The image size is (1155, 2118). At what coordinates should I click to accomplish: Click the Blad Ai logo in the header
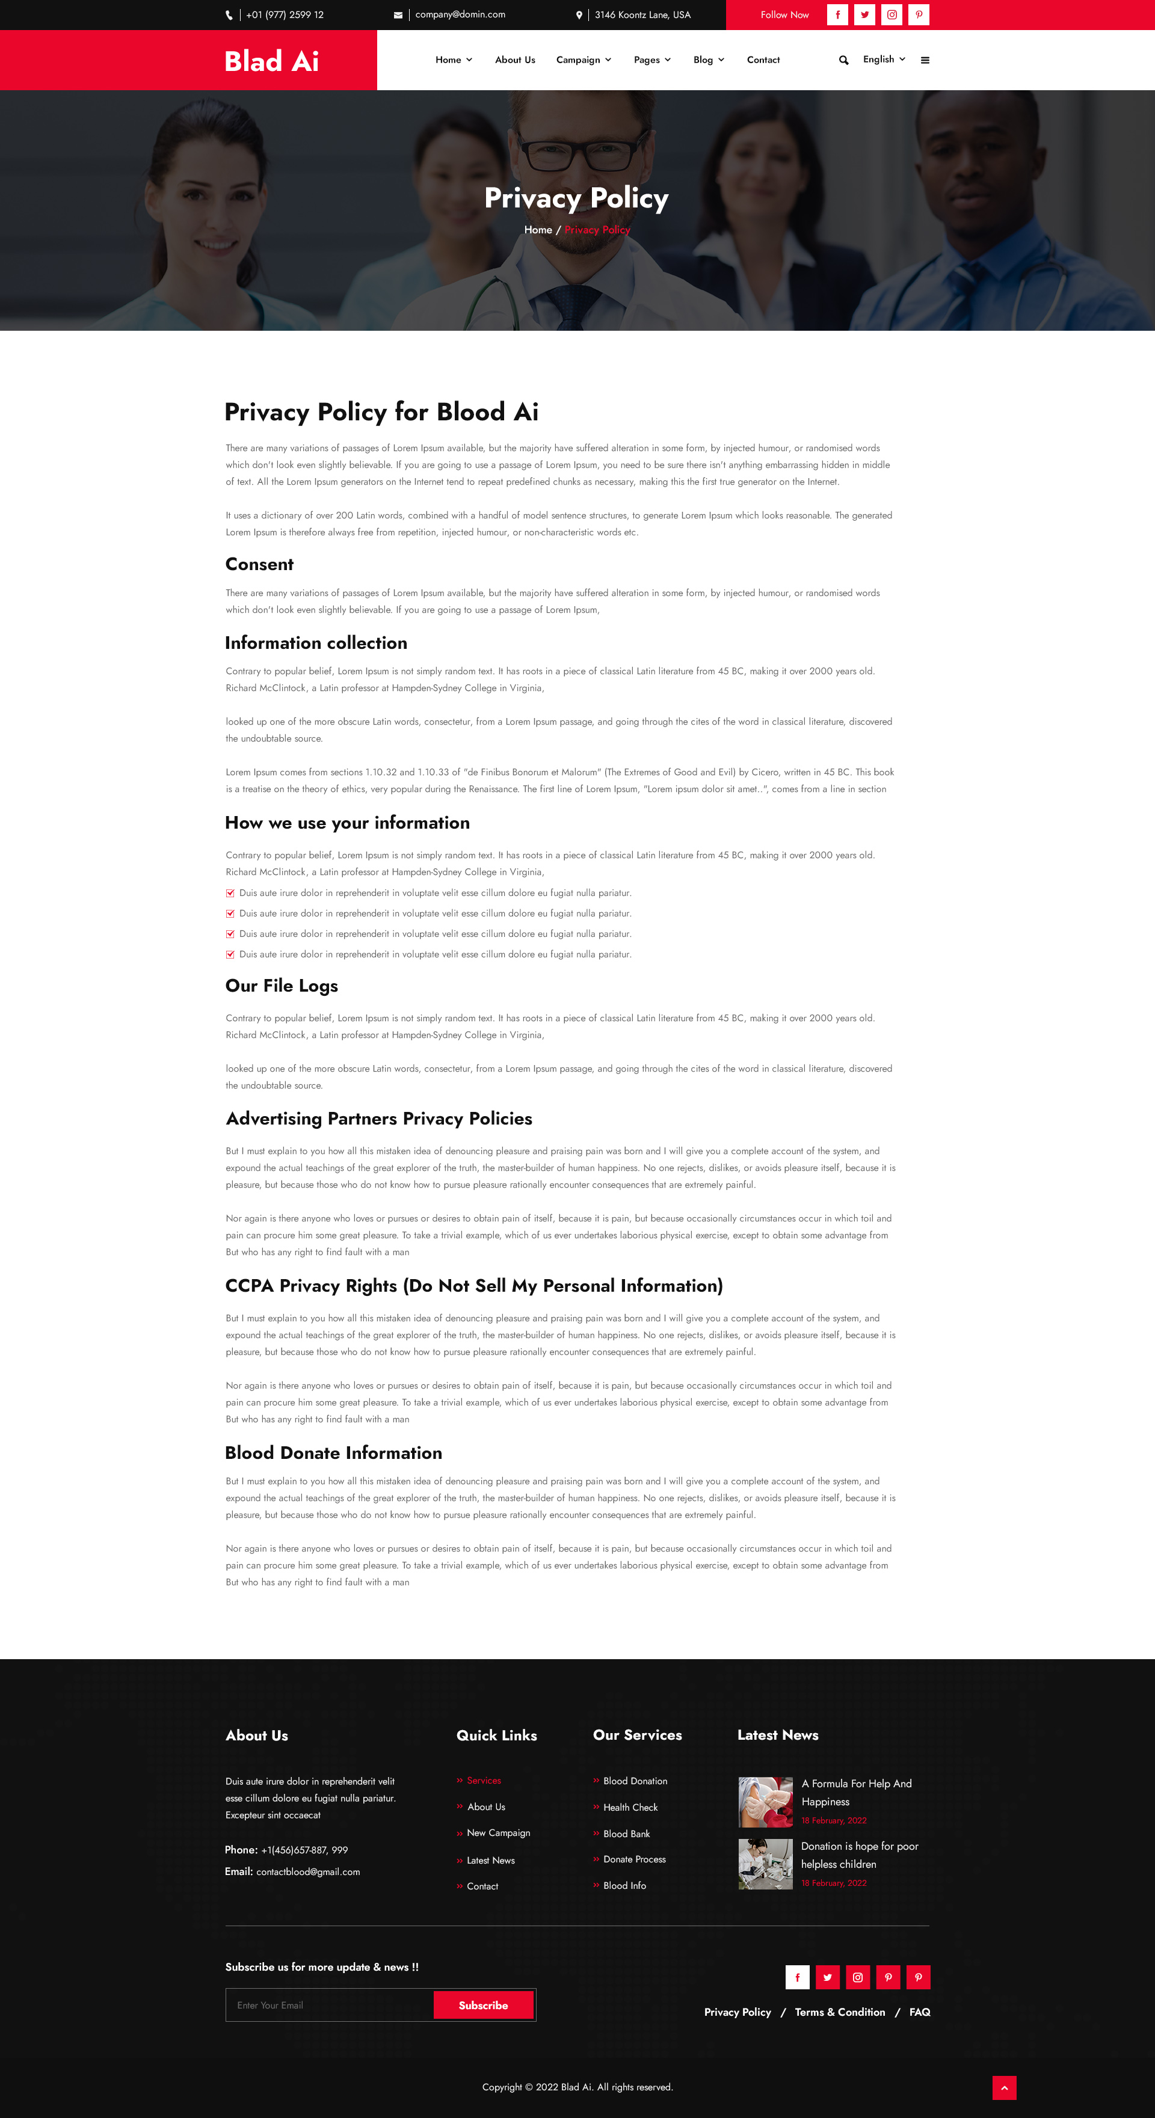tap(271, 61)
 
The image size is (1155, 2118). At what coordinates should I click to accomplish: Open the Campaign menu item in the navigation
tap(584, 60)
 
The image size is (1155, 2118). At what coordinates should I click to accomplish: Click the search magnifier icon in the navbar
tap(843, 60)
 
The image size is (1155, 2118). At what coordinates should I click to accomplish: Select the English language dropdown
tap(884, 59)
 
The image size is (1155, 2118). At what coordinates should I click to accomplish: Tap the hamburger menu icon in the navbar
tap(925, 60)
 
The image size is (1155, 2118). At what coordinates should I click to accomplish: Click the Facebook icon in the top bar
tap(837, 15)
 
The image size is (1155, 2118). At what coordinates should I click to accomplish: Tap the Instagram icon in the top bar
tap(892, 15)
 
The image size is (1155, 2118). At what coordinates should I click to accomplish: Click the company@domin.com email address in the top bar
tap(460, 15)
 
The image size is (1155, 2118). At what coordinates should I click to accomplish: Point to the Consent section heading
tap(259, 564)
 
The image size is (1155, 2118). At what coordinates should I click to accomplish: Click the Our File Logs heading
tap(282, 986)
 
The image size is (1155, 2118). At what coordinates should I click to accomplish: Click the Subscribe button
tap(483, 2006)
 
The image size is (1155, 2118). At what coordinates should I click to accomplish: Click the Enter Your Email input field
tap(329, 2006)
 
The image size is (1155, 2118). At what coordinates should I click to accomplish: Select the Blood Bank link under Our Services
tap(626, 1834)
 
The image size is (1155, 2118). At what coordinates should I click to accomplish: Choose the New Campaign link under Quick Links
tap(497, 1833)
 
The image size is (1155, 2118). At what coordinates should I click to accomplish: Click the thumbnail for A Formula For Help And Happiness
tap(765, 1802)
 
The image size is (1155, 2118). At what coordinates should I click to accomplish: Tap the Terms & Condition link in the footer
tap(840, 2012)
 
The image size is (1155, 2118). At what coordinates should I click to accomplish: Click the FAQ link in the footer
tap(920, 2012)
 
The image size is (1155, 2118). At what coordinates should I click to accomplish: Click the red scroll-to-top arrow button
tap(1003, 2087)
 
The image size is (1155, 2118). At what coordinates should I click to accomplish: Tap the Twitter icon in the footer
tap(828, 1977)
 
